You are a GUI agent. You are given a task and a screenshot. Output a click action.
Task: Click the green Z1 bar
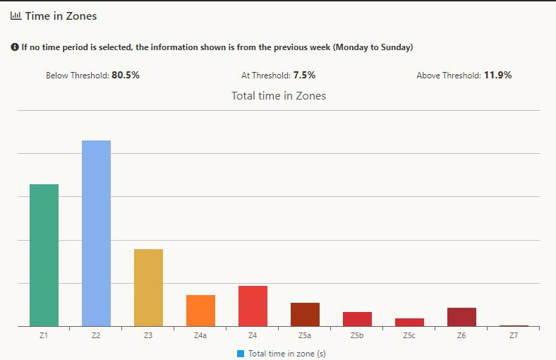coord(44,255)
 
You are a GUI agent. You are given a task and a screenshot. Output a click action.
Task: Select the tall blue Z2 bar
coord(96,233)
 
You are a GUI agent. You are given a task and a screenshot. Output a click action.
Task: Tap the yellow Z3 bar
coord(148,287)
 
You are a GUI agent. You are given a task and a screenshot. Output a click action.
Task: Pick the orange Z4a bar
coord(200,311)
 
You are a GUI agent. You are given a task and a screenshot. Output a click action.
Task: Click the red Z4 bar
coord(253,306)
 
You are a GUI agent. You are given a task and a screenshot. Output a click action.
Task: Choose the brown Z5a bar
coord(305,314)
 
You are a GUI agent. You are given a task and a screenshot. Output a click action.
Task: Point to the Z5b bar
coord(357,319)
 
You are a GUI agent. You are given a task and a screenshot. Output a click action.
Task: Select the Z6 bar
coord(461,317)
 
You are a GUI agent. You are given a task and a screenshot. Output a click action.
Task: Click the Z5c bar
coord(409,322)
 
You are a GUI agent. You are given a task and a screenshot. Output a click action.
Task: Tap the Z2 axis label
coord(96,336)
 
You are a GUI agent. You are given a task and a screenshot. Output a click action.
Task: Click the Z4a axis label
coord(200,336)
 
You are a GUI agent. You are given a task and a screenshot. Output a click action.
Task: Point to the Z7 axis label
coord(514,336)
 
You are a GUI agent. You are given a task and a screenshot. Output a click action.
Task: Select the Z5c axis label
coord(409,336)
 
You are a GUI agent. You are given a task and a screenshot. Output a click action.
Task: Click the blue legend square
coord(241,353)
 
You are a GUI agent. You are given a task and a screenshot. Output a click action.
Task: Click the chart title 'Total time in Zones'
coord(279,95)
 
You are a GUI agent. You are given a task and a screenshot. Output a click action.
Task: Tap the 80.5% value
coord(126,75)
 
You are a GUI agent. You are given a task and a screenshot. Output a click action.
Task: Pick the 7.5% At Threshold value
coord(304,75)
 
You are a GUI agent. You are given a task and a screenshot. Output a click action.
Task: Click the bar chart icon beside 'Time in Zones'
coord(16,16)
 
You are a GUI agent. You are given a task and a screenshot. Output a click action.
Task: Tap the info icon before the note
coord(14,47)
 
